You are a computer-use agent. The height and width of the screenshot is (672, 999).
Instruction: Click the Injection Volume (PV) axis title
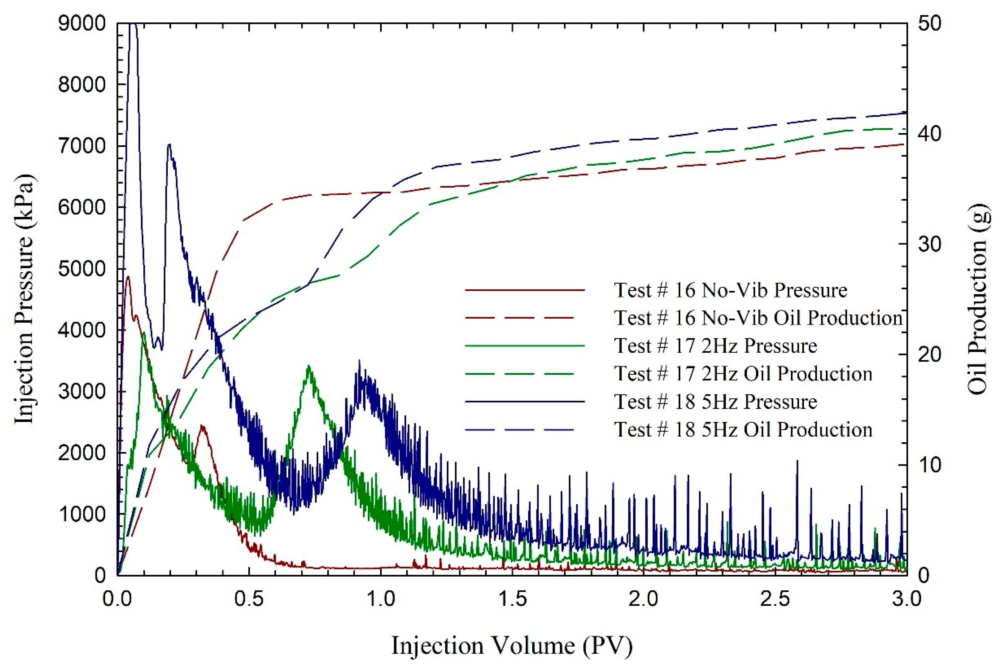pyautogui.click(x=512, y=645)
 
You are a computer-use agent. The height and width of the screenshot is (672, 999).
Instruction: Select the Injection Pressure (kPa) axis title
pyautogui.click(x=24, y=299)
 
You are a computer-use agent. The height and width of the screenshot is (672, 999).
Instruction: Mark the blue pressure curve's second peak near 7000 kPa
pyautogui.click(x=169, y=145)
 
